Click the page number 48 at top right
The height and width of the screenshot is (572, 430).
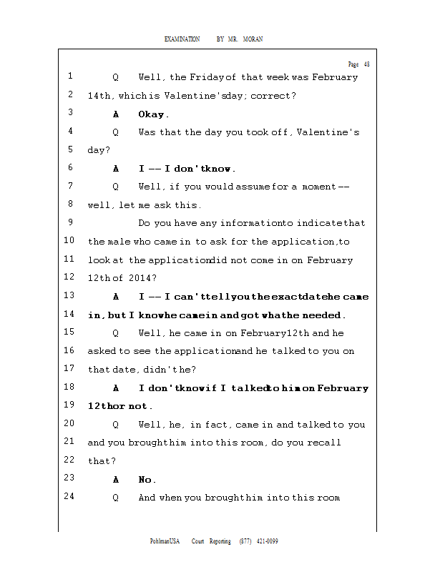point(366,64)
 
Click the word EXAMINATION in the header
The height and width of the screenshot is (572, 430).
point(182,39)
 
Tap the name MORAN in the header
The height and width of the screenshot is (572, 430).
point(253,39)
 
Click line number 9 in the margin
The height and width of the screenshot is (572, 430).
point(71,222)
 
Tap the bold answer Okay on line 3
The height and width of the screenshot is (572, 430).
point(152,114)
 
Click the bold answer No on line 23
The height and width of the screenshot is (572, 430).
point(147,480)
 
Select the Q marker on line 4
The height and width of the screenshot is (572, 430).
point(116,132)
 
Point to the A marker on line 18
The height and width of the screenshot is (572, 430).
point(116,388)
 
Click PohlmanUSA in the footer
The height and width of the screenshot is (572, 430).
point(165,541)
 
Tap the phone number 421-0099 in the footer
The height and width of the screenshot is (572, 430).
point(267,541)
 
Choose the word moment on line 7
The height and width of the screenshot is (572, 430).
point(316,187)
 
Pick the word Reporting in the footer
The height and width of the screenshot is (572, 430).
point(220,541)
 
